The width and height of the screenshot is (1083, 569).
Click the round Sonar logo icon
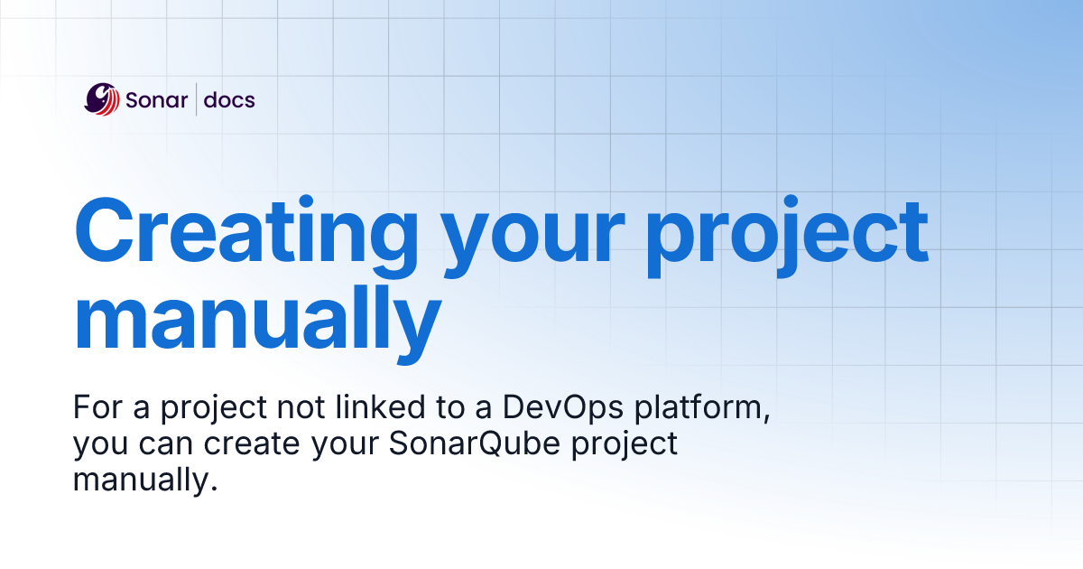click(102, 99)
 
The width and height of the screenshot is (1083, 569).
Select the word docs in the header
click(229, 99)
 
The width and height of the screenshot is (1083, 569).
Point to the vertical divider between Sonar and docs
click(196, 99)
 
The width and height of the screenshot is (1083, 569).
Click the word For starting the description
click(96, 409)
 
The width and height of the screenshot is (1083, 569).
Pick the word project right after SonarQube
click(625, 448)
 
